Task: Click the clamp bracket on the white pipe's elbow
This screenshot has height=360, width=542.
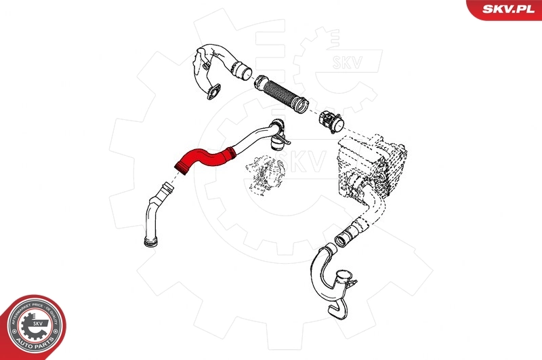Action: tap(277, 142)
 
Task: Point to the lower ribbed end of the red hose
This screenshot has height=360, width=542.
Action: tap(182, 165)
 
